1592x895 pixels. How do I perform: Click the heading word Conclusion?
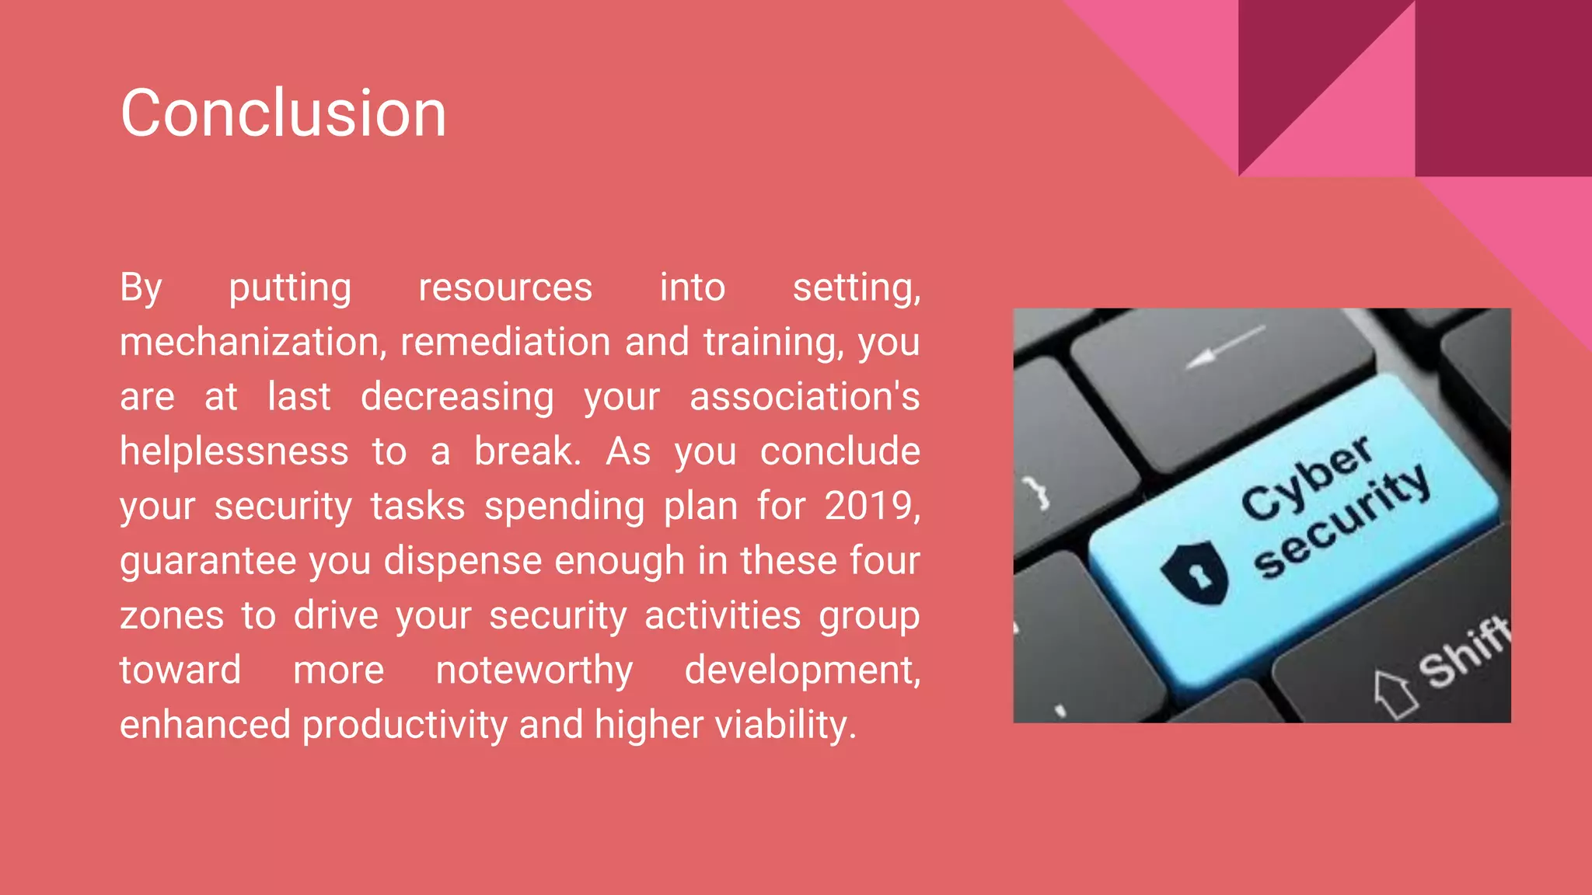pyautogui.click(x=283, y=113)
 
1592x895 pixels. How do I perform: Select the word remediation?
pyautogui.click(x=505, y=343)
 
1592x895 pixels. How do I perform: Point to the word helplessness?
pyautogui.click(x=234, y=451)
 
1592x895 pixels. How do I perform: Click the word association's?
pyautogui.click(x=805, y=397)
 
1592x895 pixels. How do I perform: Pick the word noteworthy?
pyautogui.click(x=534, y=670)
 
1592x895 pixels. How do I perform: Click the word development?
pyautogui.click(x=801, y=670)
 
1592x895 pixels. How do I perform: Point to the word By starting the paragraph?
pyautogui.click(x=141, y=288)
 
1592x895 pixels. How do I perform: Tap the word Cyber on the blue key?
pyautogui.click(x=1306, y=477)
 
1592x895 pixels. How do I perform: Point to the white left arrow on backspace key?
pyautogui.click(x=1224, y=347)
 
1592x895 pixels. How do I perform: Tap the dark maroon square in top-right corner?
pyautogui.click(x=1503, y=87)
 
